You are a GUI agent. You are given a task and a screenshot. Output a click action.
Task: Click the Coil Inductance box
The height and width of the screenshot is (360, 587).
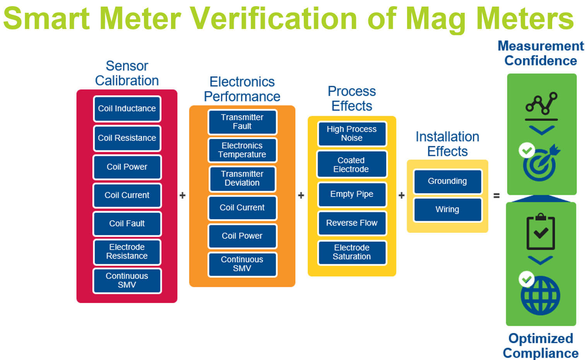pyautogui.click(x=127, y=109)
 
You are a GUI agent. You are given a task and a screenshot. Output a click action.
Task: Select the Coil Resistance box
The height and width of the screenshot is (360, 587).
pyautogui.click(x=127, y=138)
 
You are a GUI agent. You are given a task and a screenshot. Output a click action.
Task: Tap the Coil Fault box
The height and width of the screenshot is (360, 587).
pyautogui.click(x=127, y=224)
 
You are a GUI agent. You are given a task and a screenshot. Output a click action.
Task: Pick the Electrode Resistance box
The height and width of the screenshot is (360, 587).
pyautogui.click(x=127, y=252)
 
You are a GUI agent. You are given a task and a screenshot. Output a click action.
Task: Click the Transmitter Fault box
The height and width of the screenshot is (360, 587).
pyautogui.click(x=242, y=122)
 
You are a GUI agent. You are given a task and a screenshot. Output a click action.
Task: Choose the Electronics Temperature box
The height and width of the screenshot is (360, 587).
pyautogui.click(x=242, y=150)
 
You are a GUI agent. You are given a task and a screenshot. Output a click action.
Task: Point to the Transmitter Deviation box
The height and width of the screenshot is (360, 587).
pyautogui.click(x=242, y=178)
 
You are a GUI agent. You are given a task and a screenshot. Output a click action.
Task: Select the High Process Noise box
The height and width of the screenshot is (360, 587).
pyautogui.click(x=352, y=134)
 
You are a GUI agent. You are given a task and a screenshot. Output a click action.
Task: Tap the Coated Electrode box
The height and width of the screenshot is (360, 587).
pyautogui.click(x=352, y=165)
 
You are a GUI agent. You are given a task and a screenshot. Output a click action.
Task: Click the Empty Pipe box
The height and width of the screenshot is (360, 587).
pyautogui.click(x=352, y=194)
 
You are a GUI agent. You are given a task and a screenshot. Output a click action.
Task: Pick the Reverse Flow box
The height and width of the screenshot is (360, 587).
pyautogui.click(x=352, y=223)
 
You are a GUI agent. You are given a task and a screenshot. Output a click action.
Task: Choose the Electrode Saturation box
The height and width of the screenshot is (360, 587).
pyautogui.click(x=352, y=252)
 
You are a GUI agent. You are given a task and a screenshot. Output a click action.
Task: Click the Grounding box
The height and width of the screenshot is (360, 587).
pyautogui.click(x=447, y=181)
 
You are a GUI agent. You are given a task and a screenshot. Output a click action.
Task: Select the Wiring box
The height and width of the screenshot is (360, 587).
pyautogui.click(x=447, y=210)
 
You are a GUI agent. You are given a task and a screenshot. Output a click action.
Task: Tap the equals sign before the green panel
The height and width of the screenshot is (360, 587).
pyautogui.click(x=496, y=196)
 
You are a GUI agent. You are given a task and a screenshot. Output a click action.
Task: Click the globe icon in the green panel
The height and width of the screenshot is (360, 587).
pyautogui.click(x=540, y=296)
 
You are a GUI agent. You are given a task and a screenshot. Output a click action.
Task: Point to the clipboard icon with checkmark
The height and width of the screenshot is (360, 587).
pyautogui.click(x=541, y=232)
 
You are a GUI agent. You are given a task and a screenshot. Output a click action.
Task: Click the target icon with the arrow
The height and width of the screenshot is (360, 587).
pyautogui.click(x=540, y=163)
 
